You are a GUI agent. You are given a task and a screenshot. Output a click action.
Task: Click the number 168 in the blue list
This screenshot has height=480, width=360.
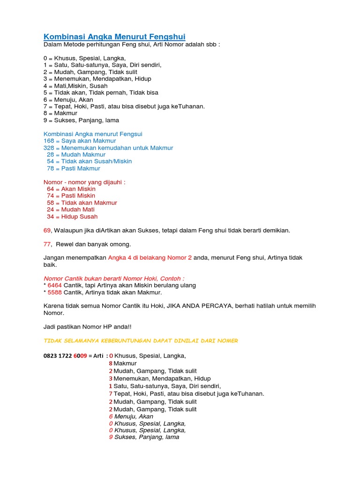[x=49, y=141]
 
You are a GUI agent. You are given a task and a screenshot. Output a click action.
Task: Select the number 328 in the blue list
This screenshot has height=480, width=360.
[x=49, y=148]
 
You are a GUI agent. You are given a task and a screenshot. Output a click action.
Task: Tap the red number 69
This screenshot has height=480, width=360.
[x=47, y=230]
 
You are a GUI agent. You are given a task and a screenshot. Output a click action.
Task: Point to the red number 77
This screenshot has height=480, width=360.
[x=47, y=244]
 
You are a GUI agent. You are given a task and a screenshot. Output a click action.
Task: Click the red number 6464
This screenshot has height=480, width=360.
[x=55, y=285]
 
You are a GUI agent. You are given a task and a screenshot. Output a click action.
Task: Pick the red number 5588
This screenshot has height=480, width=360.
[x=55, y=292]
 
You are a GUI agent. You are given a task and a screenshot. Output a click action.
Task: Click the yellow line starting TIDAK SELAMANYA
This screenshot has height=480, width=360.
[x=141, y=341]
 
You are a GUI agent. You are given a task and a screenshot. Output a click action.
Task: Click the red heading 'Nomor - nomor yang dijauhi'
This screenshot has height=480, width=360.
[x=84, y=182]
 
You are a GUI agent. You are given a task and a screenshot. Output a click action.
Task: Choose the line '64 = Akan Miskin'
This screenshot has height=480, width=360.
[x=71, y=189]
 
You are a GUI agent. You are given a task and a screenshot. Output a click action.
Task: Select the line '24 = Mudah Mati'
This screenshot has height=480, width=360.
[x=70, y=210]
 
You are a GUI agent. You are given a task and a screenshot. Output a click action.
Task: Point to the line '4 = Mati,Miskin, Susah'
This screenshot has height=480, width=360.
[x=75, y=86]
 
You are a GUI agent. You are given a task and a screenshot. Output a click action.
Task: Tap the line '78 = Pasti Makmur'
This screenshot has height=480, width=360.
[x=73, y=168]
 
